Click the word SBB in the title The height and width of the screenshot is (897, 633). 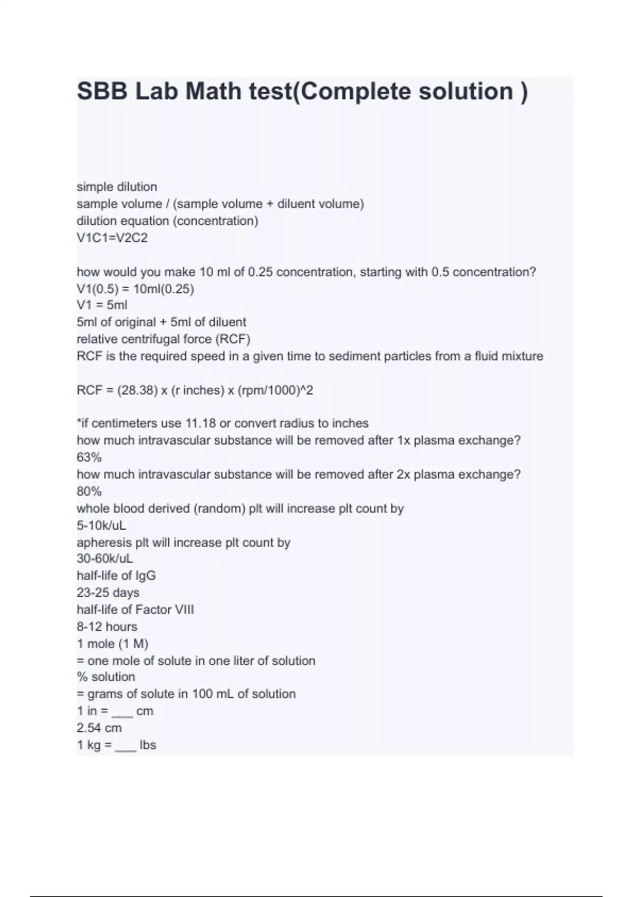click(x=102, y=91)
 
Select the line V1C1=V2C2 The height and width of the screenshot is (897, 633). click(x=112, y=238)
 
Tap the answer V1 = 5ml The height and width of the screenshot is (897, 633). click(x=102, y=305)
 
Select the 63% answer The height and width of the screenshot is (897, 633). click(x=89, y=457)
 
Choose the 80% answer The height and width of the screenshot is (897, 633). click(x=89, y=492)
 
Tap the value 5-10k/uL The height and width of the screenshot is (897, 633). click(x=101, y=526)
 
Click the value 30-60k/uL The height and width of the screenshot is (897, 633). click(x=104, y=559)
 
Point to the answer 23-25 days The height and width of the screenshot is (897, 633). click(x=108, y=593)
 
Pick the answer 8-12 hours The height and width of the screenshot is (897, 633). click(x=107, y=627)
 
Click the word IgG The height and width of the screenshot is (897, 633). click(x=145, y=576)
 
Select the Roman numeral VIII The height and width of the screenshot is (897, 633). click(x=184, y=610)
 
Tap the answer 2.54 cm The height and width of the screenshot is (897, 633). click(x=99, y=728)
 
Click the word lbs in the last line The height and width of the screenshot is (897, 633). click(x=148, y=745)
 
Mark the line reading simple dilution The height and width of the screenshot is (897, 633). click(x=117, y=187)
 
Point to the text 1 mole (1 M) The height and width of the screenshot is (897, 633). click(x=112, y=644)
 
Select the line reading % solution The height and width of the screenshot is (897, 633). click(x=105, y=677)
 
